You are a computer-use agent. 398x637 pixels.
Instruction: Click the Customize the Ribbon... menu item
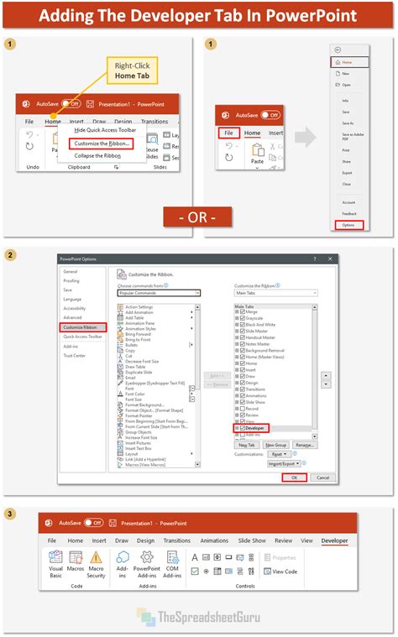[x=102, y=143]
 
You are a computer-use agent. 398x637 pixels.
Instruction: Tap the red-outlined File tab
[x=228, y=133]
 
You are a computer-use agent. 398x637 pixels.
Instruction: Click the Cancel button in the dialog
[x=322, y=478]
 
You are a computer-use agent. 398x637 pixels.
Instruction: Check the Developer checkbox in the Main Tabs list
[x=241, y=428]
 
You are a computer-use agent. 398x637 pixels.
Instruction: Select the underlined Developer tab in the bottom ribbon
[x=333, y=540]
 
